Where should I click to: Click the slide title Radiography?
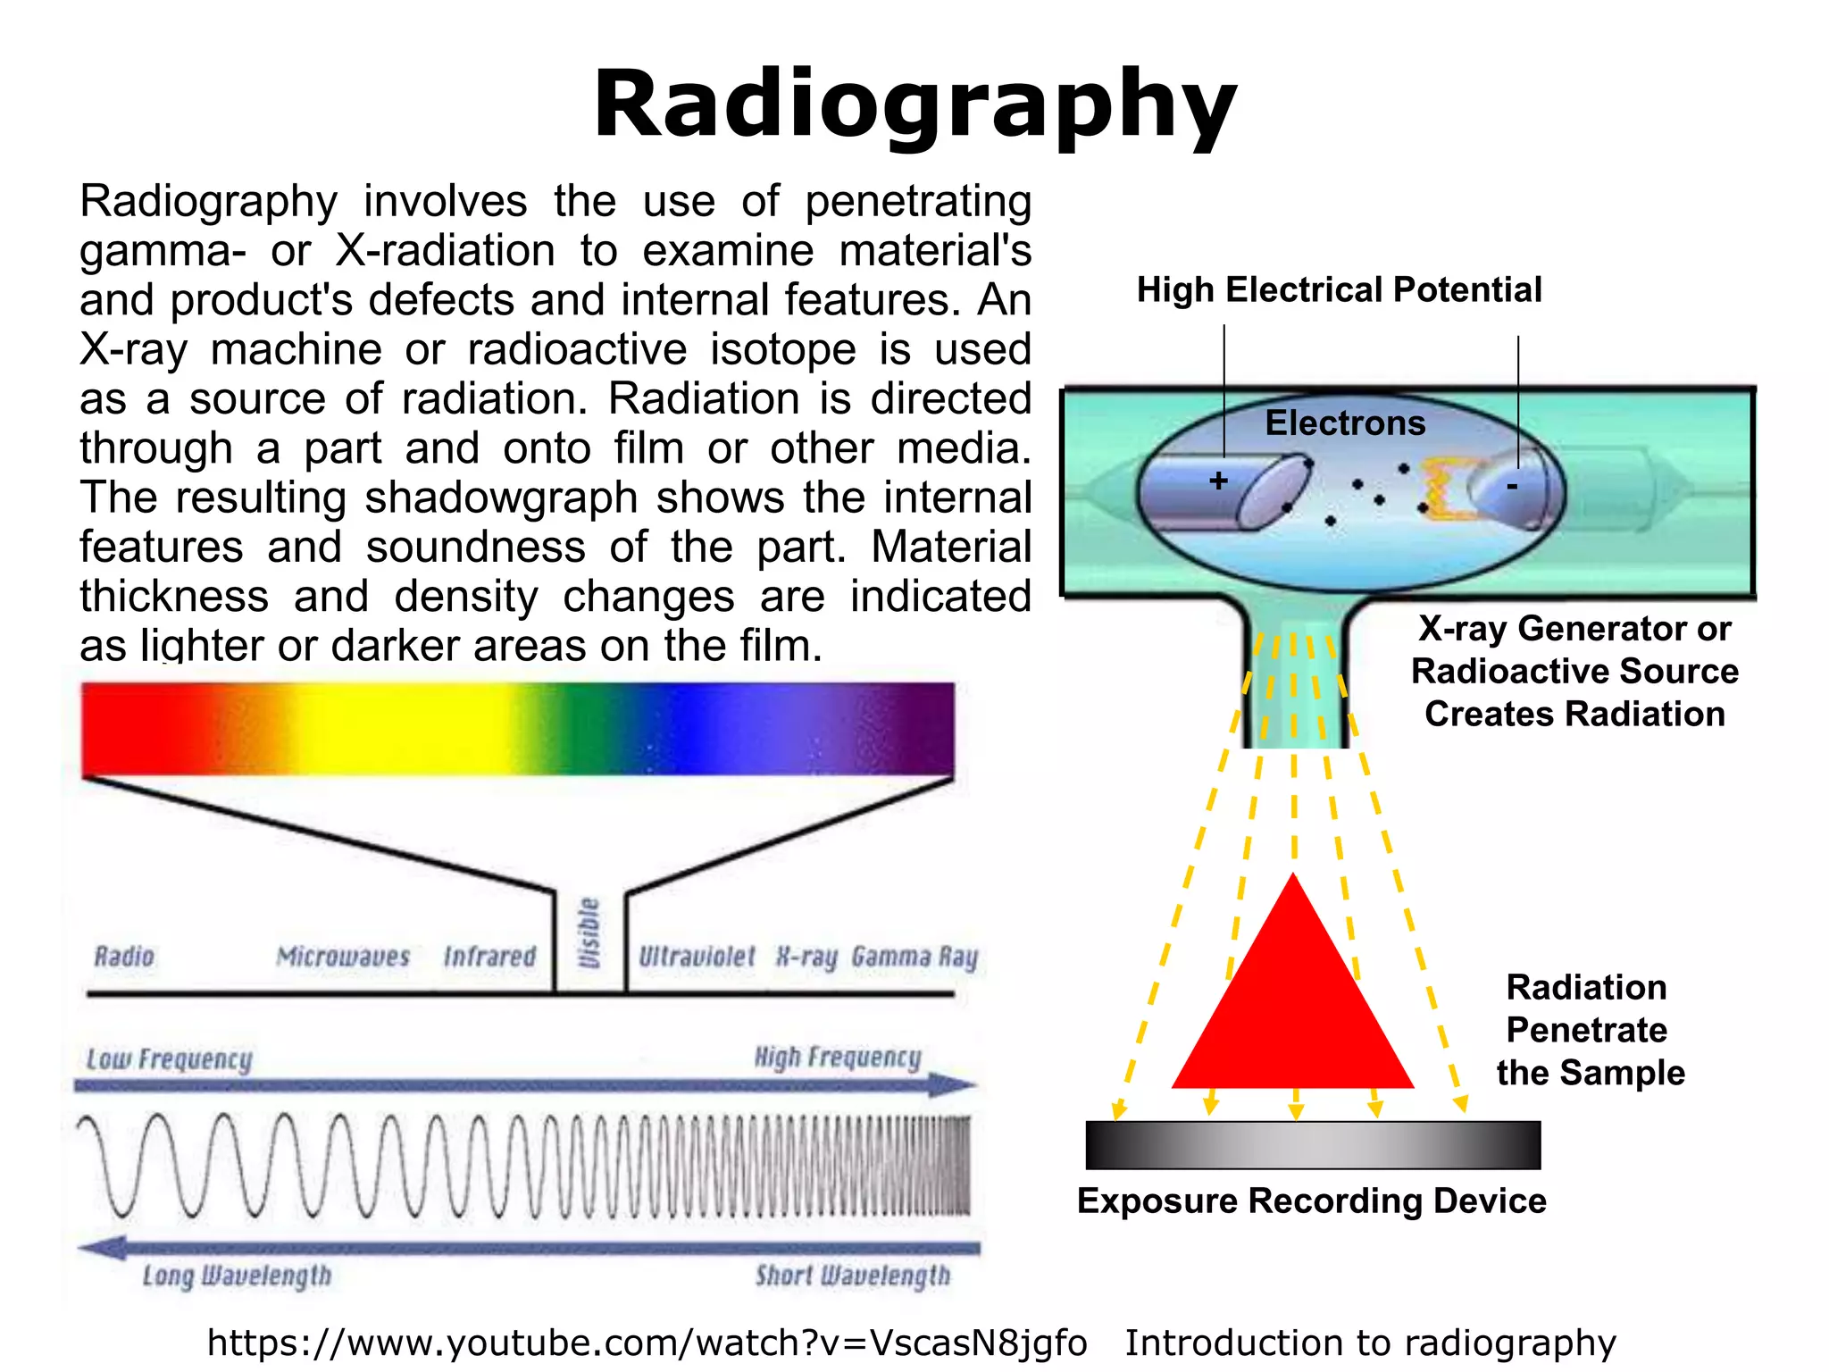coord(914,105)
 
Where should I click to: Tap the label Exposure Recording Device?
coord(1311,1201)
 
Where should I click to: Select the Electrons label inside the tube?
coord(1345,423)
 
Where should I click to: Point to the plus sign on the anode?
coord(1218,481)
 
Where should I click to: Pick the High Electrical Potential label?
coord(1339,290)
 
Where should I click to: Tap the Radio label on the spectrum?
coord(124,957)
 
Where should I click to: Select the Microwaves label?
coord(343,957)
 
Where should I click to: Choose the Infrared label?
coord(489,957)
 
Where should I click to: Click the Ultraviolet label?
coord(697,957)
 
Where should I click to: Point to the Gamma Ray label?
coord(914,957)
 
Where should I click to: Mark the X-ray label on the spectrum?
coord(806,958)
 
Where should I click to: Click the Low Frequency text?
coord(169,1059)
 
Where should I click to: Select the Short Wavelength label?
coord(853,1276)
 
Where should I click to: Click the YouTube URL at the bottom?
coord(647,1343)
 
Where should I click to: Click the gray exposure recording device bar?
coord(1313,1145)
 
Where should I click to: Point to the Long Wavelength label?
coord(237,1276)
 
